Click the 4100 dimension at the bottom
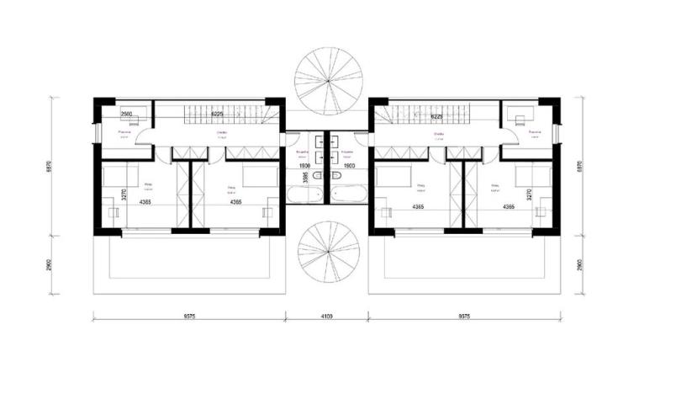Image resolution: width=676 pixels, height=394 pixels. point(327,317)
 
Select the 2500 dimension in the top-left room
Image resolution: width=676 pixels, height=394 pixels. point(129,114)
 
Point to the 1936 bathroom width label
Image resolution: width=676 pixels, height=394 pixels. point(304,167)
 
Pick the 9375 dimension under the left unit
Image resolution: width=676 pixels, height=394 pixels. point(189,317)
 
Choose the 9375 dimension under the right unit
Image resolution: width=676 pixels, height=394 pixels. point(465,317)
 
